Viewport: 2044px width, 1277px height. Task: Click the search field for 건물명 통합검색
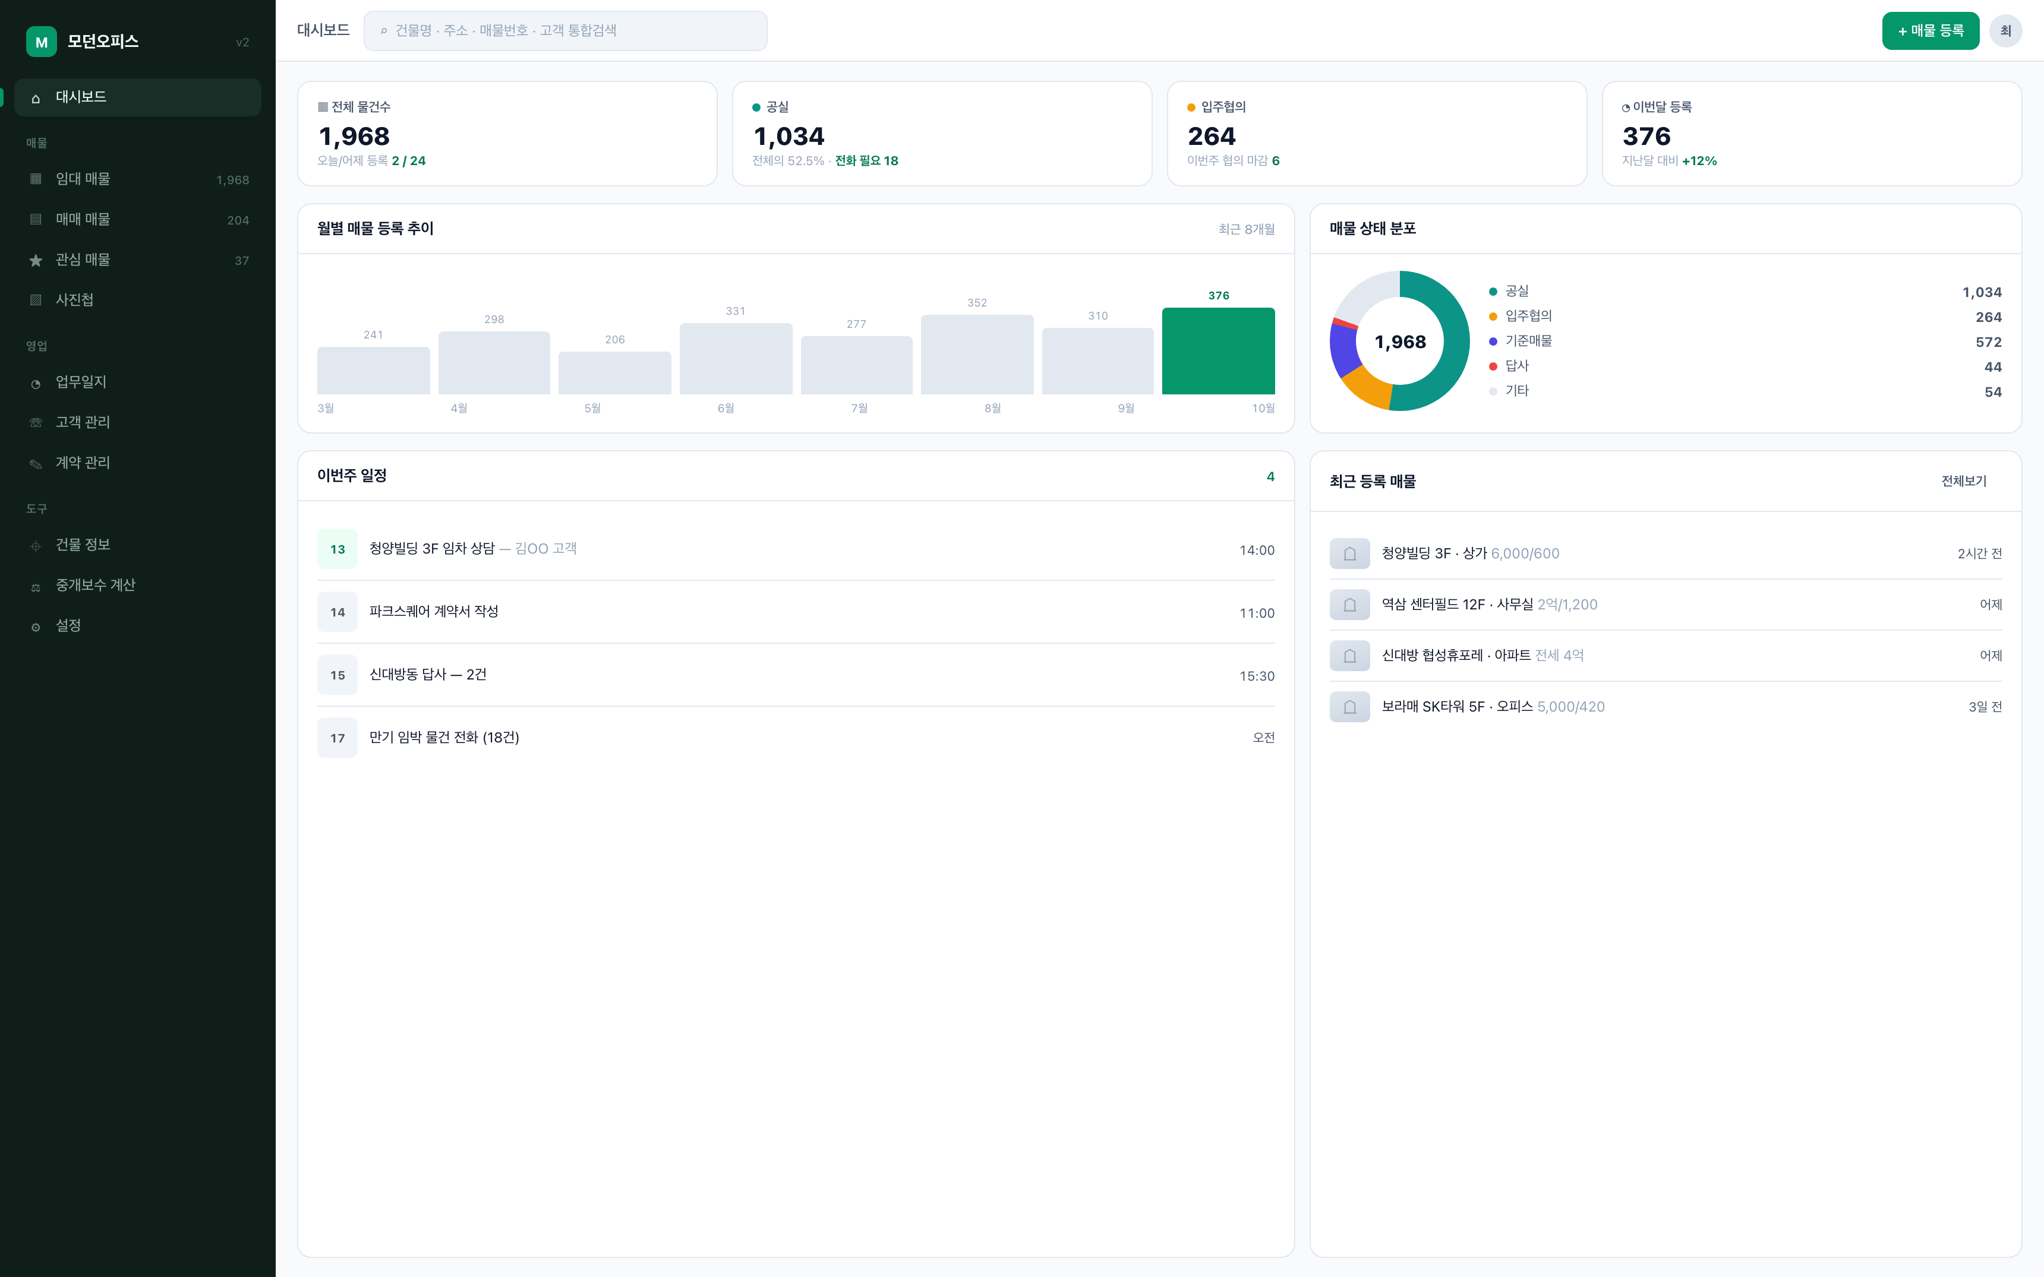tap(565, 30)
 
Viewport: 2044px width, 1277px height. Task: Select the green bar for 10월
tap(1218, 350)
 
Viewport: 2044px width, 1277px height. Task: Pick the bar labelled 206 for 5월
tap(615, 372)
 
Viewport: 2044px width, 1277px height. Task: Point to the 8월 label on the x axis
tap(992, 408)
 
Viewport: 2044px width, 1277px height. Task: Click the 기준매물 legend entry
tap(1521, 341)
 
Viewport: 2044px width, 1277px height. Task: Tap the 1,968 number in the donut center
tap(1399, 342)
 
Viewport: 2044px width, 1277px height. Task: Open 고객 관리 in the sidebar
tap(83, 422)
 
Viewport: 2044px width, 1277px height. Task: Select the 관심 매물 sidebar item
tap(83, 260)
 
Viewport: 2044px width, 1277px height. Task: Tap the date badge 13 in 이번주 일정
tap(337, 549)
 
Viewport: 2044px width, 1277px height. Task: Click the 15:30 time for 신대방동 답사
tap(1257, 676)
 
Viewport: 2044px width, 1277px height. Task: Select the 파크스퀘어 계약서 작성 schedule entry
tap(433, 611)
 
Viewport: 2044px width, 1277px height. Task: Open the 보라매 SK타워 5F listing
tap(1493, 707)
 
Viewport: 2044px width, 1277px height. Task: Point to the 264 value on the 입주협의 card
tap(1211, 136)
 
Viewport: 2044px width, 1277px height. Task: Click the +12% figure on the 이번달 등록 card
tap(1699, 160)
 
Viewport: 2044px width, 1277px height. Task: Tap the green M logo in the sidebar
tap(42, 42)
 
